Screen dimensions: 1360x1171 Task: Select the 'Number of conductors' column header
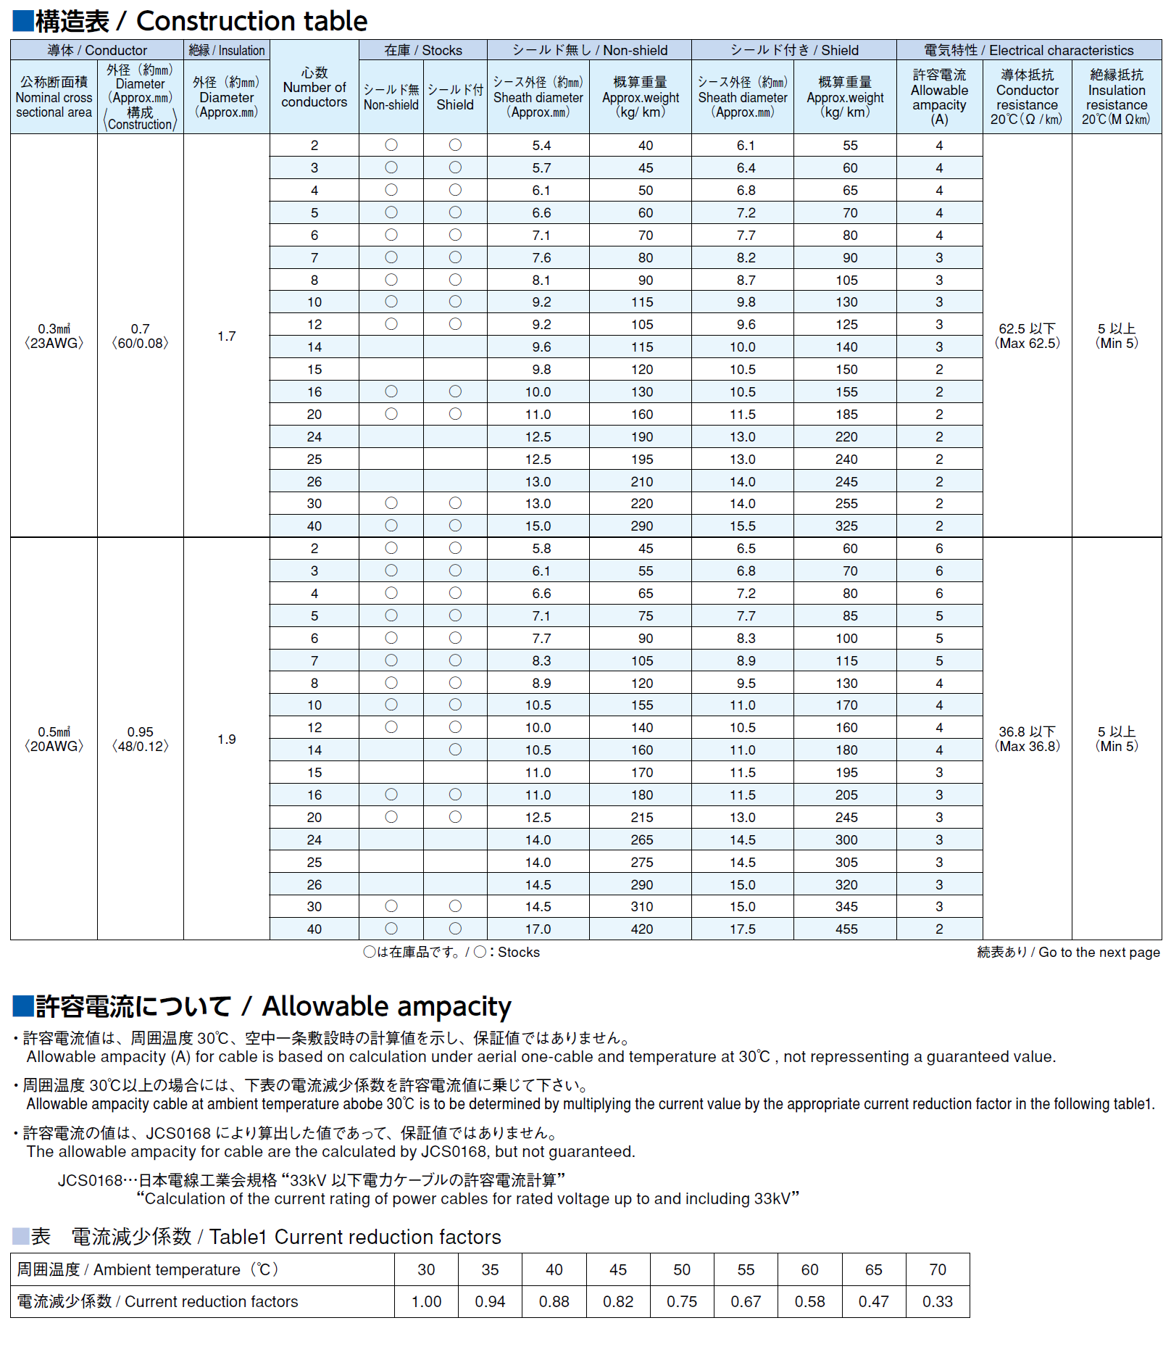pos(314,88)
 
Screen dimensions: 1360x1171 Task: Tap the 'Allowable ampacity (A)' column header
pos(939,97)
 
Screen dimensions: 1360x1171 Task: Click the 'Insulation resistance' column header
pos(1116,97)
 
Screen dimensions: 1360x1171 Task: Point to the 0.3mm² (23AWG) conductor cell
pos(54,336)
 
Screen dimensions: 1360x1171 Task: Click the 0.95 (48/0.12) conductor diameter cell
pos(140,739)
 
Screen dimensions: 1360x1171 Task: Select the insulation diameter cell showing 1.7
pos(226,336)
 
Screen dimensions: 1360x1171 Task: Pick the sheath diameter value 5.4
pos(541,146)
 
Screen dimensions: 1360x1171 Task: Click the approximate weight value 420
pos(641,929)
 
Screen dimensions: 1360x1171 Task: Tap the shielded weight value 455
pos(846,929)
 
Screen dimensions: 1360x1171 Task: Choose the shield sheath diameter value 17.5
pos(743,929)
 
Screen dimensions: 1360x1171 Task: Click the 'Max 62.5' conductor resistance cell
pos(1027,336)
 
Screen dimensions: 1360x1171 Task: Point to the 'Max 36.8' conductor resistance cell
pos(1027,739)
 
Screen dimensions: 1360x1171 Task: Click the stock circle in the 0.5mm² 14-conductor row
pos(455,750)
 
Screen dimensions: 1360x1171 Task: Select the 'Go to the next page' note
pos(1068,953)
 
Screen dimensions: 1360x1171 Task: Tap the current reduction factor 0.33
pos(937,1302)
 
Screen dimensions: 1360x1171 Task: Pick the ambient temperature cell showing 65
pos(873,1270)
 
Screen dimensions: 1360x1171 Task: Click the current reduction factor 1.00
pos(426,1302)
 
